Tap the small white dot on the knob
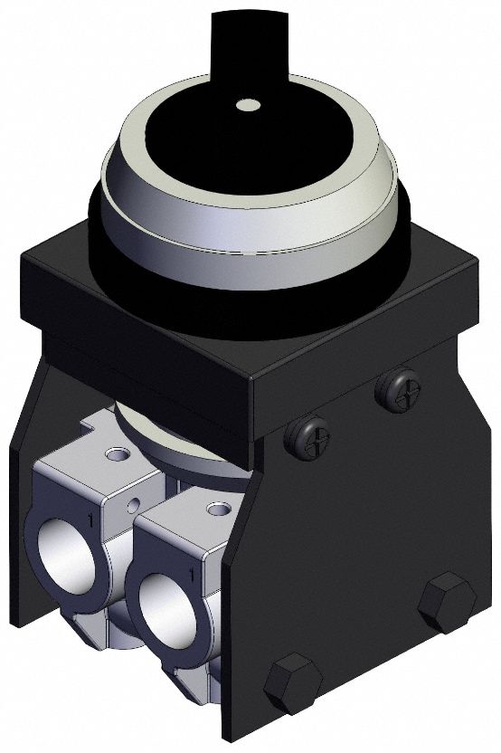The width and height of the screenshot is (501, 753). coord(246,105)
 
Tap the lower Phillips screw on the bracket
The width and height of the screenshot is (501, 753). coord(307,439)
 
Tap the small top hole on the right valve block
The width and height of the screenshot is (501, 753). coord(215,510)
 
